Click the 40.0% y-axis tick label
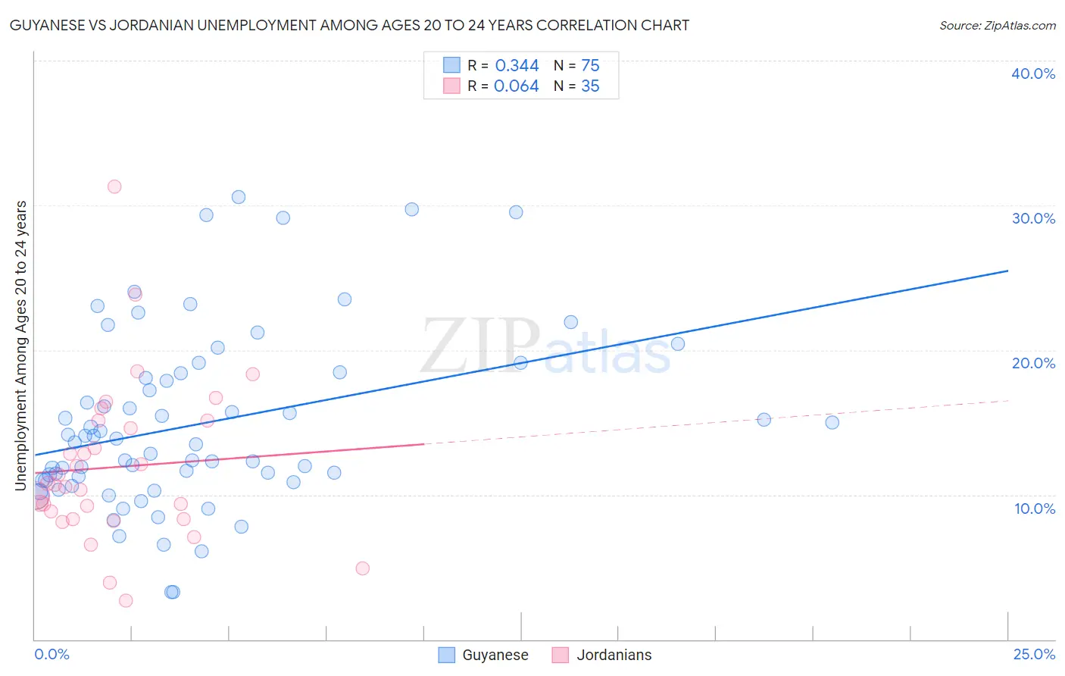pos(1033,74)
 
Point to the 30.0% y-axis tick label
pos(1033,218)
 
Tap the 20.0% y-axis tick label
pos(1033,363)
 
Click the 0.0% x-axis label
pos(52,654)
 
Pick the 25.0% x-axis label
pos(1034,654)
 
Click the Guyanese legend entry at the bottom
pos(484,655)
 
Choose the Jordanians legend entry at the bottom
pos(602,655)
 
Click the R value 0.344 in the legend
pos(517,66)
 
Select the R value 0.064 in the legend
pos(516,86)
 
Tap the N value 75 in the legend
pos(590,66)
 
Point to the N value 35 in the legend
pos(590,86)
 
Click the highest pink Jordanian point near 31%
pos(114,186)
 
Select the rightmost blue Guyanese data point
pos(832,422)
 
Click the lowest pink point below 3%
pos(126,600)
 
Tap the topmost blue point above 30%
pos(239,197)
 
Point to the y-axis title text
pos(21,345)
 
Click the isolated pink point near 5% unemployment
pos(362,568)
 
